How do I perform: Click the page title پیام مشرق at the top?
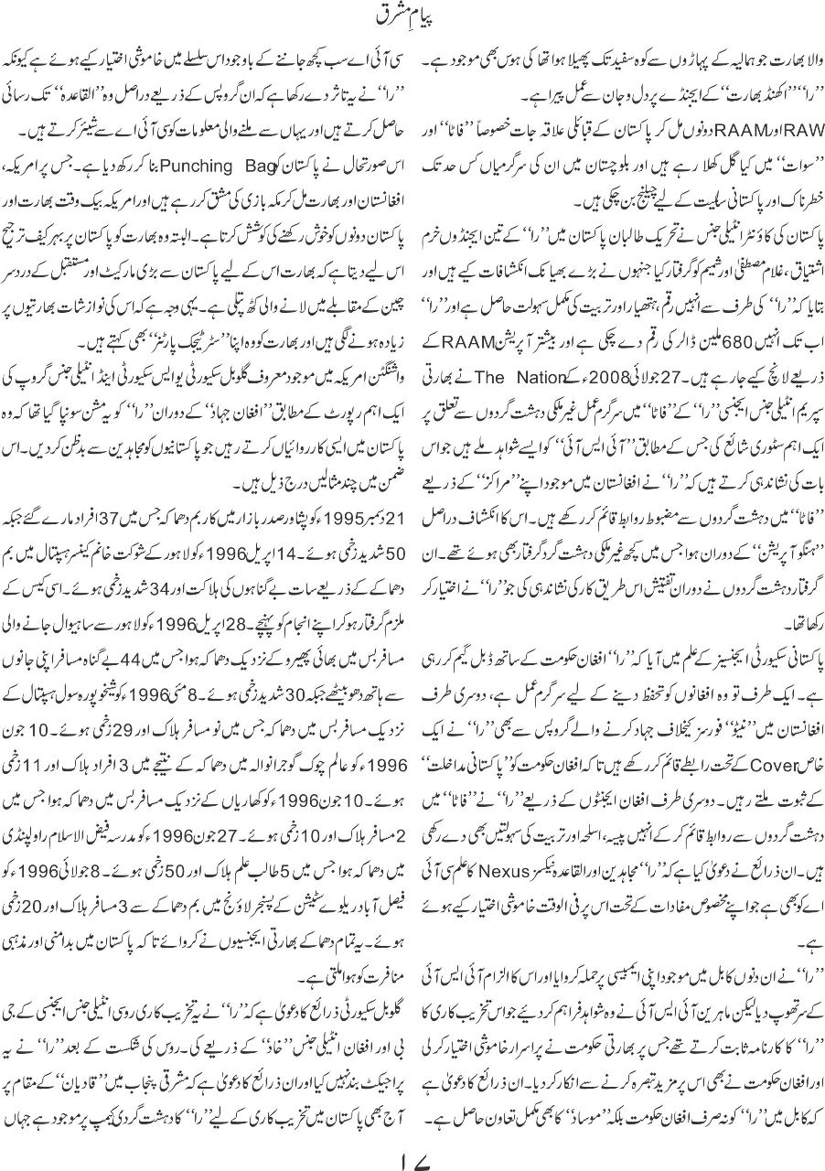[412, 17]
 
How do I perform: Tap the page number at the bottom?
[412, 1143]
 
